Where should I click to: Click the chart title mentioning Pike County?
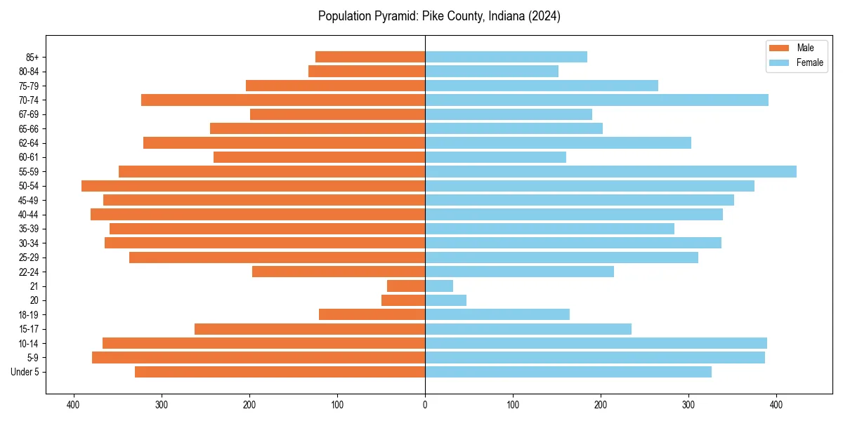(x=439, y=16)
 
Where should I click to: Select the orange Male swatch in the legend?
(x=779, y=48)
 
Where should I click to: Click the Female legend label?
(x=809, y=62)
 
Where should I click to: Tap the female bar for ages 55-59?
(x=610, y=171)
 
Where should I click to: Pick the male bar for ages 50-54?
(x=253, y=186)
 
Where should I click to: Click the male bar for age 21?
(x=406, y=286)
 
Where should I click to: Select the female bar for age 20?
(x=445, y=300)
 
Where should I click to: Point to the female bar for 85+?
(x=506, y=57)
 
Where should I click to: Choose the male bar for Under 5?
(x=280, y=372)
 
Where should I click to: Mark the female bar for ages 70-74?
(x=596, y=100)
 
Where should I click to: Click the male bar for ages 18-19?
(x=372, y=314)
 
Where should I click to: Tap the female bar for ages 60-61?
(x=495, y=157)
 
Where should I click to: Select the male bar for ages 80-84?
(x=367, y=71)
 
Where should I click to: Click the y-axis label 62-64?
(x=29, y=143)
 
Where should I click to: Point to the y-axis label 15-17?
(x=29, y=329)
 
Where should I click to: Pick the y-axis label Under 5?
(x=25, y=372)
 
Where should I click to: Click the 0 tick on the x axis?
(x=425, y=404)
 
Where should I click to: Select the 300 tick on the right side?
(x=688, y=404)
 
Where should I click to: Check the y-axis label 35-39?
(x=29, y=229)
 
